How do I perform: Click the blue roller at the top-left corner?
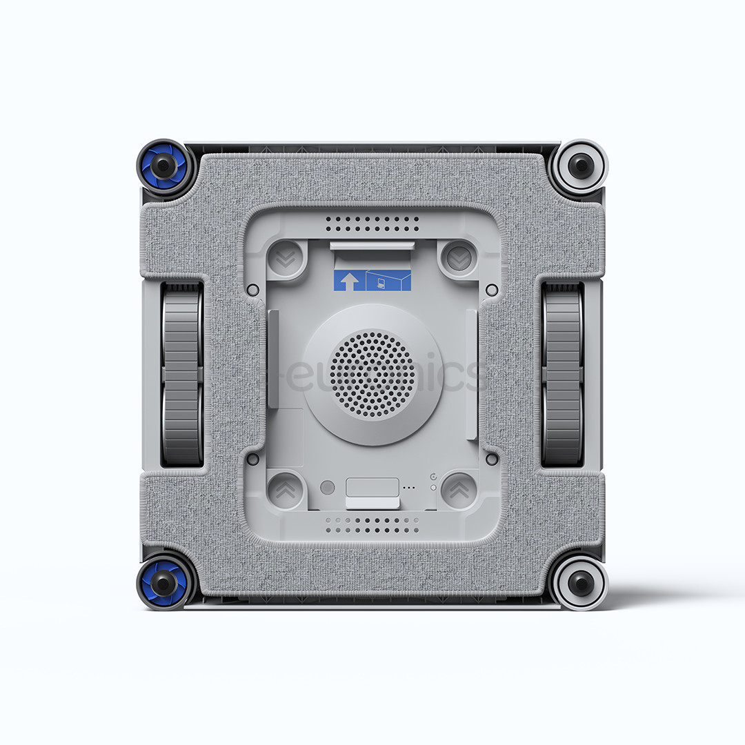pos(163,166)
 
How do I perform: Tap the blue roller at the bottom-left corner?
pos(163,583)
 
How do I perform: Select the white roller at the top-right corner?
pos(581,166)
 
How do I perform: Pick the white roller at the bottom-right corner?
pos(581,584)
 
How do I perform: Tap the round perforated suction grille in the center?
pos(372,374)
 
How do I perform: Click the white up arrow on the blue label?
pos(348,281)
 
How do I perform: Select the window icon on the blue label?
pos(387,281)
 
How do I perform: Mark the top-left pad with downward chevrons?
pos(285,258)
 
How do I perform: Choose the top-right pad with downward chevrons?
pos(457,258)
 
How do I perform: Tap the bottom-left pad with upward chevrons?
pos(285,490)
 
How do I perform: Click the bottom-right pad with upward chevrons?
pos(459,490)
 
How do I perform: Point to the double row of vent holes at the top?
pos(372,223)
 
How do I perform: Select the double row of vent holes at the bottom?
pos(372,526)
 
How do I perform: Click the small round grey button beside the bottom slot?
pos(328,487)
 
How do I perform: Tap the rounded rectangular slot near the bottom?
pos(372,486)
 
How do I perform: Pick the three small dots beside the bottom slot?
pos(410,488)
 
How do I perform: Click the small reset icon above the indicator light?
pos(433,477)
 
